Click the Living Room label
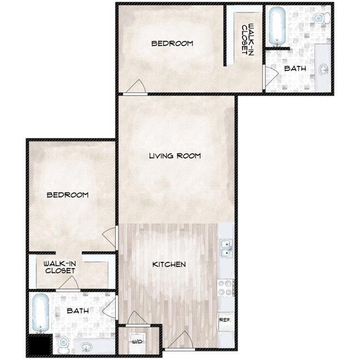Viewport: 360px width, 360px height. pos(175,156)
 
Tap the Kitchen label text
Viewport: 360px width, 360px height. pos(169,265)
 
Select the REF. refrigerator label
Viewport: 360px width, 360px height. pos(225,320)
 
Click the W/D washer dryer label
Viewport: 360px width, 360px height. pos(137,342)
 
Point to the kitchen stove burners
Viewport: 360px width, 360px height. pos(225,288)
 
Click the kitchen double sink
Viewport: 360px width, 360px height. pos(227,249)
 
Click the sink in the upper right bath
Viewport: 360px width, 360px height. pos(324,69)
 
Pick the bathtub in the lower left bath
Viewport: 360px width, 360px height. pos(40,313)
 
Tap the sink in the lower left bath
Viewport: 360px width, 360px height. pos(86,347)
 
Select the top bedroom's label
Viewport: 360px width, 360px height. pos(172,43)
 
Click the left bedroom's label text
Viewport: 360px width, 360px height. pos(68,195)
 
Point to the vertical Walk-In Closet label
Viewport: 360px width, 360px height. pos(248,39)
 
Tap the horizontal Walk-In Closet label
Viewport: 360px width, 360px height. pos(60,268)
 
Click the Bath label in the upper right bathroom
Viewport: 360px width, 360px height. pos(295,69)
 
